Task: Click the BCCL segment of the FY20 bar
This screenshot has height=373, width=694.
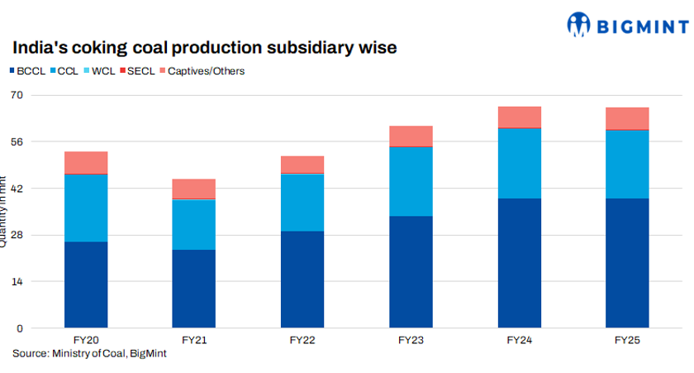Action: click(x=86, y=285)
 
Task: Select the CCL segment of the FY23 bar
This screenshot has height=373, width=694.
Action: click(x=411, y=181)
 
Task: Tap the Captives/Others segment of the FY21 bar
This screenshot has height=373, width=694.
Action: click(x=194, y=189)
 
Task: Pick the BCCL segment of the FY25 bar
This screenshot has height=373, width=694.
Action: click(x=627, y=263)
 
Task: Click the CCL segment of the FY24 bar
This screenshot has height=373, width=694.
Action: click(x=519, y=163)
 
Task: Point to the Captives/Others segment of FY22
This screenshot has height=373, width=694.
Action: click(x=302, y=164)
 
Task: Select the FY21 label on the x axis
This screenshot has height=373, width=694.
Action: click(x=194, y=340)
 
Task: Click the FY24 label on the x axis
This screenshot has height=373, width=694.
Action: click(x=519, y=340)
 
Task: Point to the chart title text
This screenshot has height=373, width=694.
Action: click(x=203, y=48)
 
